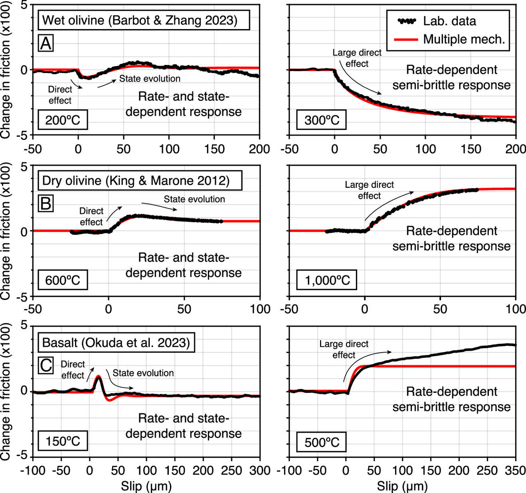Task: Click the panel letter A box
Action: point(46,43)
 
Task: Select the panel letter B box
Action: point(46,203)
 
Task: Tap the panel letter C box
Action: point(46,365)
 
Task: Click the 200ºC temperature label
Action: point(63,120)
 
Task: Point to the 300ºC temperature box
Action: point(321,120)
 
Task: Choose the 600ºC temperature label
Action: point(63,280)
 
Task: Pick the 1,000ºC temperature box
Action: point(327,280)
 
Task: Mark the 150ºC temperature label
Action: point(63,442)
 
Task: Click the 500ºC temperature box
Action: point(321,442)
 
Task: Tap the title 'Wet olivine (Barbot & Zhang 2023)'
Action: point(140,20)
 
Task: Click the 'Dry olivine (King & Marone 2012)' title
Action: point(136,181)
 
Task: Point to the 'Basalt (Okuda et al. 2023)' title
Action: point(116,343)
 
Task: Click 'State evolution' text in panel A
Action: point(150,79)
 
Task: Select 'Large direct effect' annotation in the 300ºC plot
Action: point(357,58)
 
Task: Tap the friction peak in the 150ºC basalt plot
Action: point(98,377)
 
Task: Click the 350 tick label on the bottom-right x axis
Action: point(515,470)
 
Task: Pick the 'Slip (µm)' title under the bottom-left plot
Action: point(146,486)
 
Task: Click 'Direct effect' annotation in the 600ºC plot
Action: point(91,216)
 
